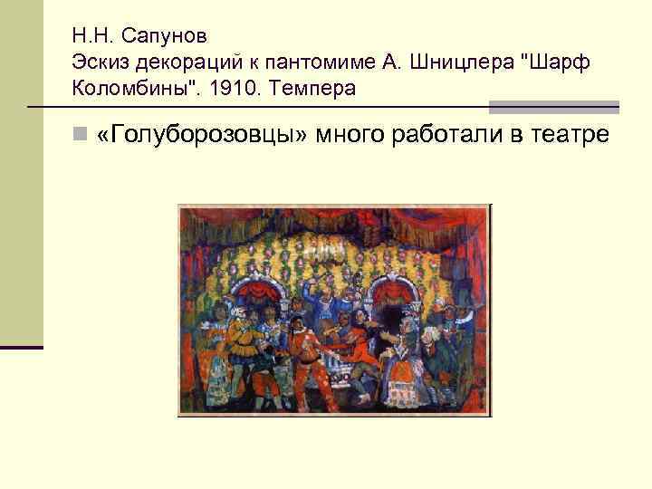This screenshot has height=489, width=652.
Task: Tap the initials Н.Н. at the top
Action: [x=93, y=39]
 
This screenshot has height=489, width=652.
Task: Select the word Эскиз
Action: [x=101, y=64]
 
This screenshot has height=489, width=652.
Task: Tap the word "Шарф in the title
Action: [x=554, y=64]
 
